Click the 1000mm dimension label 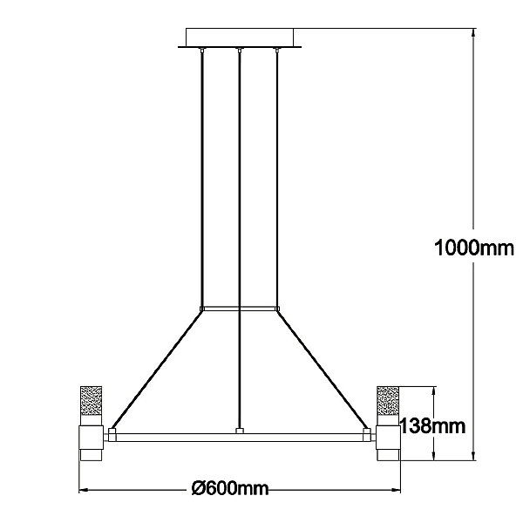(474, 248)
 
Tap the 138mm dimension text (432, 426)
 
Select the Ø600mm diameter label (230, 489)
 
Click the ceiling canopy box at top (240, 37)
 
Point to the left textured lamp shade (91, 401)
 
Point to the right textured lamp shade (388, 401)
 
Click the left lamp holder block (91, 438)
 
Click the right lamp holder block (388, 438)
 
